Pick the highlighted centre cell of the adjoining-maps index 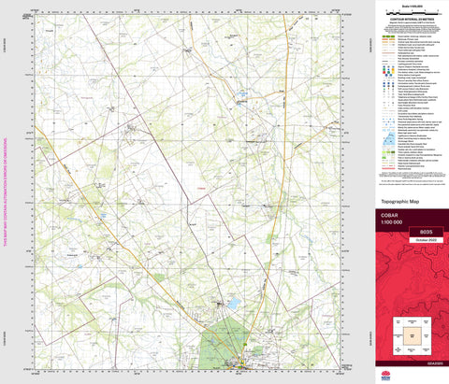[409, 333]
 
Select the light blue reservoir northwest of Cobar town [231, 303]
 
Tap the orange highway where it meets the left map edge [37, 130]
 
